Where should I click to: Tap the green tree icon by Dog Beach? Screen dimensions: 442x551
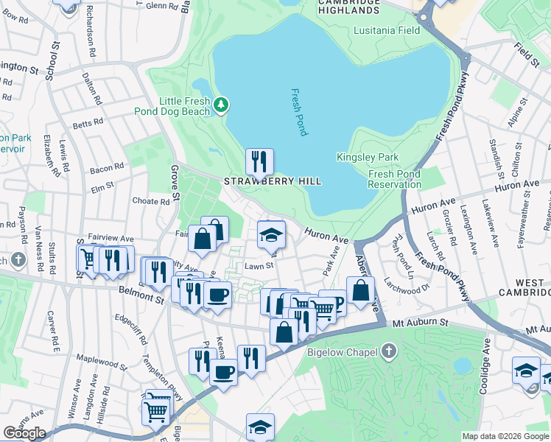coord(220,106)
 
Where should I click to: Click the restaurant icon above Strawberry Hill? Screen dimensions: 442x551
coord(259,161)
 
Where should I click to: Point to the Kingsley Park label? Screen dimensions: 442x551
coord(368,157)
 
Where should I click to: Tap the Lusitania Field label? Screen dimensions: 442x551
coord(387,30)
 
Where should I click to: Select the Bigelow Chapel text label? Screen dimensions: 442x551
coord(339,352)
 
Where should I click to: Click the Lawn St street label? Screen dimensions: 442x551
coord(259,266)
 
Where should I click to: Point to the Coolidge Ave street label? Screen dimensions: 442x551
coord(484,366)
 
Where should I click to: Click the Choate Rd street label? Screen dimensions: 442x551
coord(150,201)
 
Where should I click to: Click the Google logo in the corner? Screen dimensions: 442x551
coord(24,433)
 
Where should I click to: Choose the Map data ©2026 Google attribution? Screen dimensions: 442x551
coord(505,436)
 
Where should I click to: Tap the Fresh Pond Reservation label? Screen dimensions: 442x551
coord(394,179)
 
